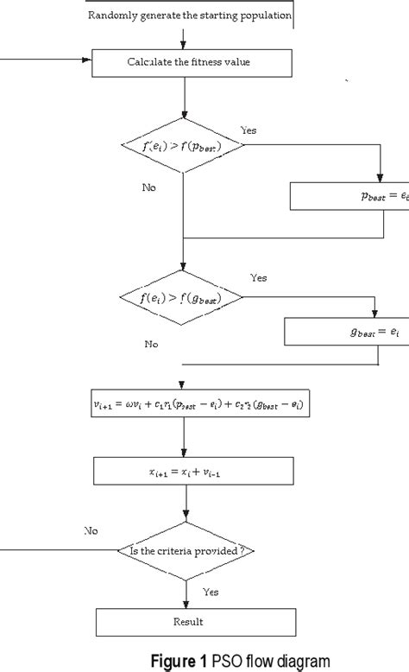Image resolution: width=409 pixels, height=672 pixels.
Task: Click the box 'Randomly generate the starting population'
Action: [x=191, y=16]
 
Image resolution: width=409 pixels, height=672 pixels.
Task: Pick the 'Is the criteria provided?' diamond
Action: [x=186, y=549]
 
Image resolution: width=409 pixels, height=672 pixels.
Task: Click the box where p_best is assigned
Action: [x=349, y=197]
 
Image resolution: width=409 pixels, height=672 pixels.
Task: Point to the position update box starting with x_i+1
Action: [x=186, y=471]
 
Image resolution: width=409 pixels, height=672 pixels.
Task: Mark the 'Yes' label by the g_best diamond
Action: [x=258, y=278]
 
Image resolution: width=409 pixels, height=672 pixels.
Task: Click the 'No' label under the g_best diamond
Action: [x=152, y=343]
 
